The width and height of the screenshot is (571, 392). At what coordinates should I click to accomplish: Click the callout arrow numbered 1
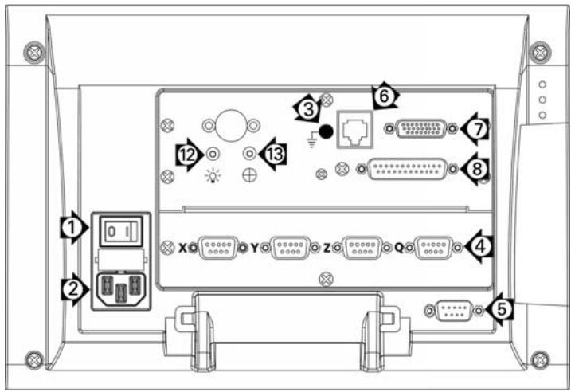click(x=74, y=228)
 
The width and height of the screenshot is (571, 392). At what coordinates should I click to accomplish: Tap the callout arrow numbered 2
click(x=75, y=290)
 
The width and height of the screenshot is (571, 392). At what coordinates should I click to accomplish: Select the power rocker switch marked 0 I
click(x=121, y=231)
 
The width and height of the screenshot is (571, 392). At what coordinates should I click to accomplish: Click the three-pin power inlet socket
click(x=121, y=288)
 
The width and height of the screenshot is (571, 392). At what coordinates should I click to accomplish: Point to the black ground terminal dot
click(x=326, y=131)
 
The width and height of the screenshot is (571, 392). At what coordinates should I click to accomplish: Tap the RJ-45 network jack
click(x=355, y=129)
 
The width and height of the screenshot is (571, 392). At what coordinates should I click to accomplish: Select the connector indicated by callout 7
click(x=421, y=128)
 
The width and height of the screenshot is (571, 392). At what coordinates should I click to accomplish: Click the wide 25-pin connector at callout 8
click(x=408, y=169)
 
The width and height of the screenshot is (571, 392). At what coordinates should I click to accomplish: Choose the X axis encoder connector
click(x=217, y=248)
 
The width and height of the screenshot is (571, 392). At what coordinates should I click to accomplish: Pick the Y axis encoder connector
click(x=290, y=248)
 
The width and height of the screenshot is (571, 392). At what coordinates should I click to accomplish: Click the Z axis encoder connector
click(x=362, y=248)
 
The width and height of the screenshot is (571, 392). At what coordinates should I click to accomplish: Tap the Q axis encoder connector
click(x=434, y=248)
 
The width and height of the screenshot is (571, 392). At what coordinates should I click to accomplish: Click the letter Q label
click(x=400, y=248)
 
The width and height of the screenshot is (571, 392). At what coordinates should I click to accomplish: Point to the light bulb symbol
click(x=213, y=176)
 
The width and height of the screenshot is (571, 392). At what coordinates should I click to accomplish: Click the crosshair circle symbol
click(x=250, y=175)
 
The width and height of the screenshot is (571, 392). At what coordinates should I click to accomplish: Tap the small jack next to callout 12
click(x=213, y=155)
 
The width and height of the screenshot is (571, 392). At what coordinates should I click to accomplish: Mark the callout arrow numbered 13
click(x=272, y=154)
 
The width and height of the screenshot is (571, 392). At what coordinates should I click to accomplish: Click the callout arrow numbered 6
click(x=385, y=96)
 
